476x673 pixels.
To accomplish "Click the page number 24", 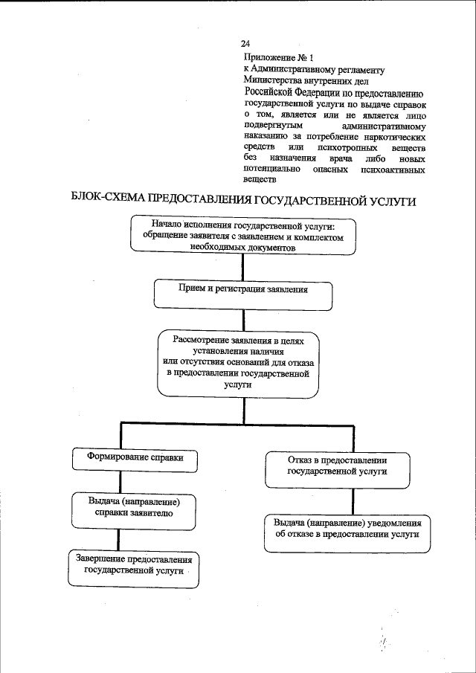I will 245,44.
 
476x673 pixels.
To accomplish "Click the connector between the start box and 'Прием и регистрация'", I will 241,267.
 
